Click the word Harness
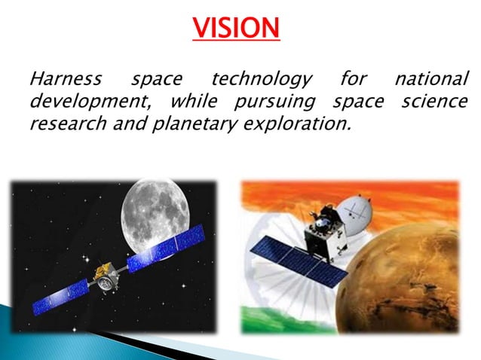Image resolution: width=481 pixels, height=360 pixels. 66,78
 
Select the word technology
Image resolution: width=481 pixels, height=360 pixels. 261,78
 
